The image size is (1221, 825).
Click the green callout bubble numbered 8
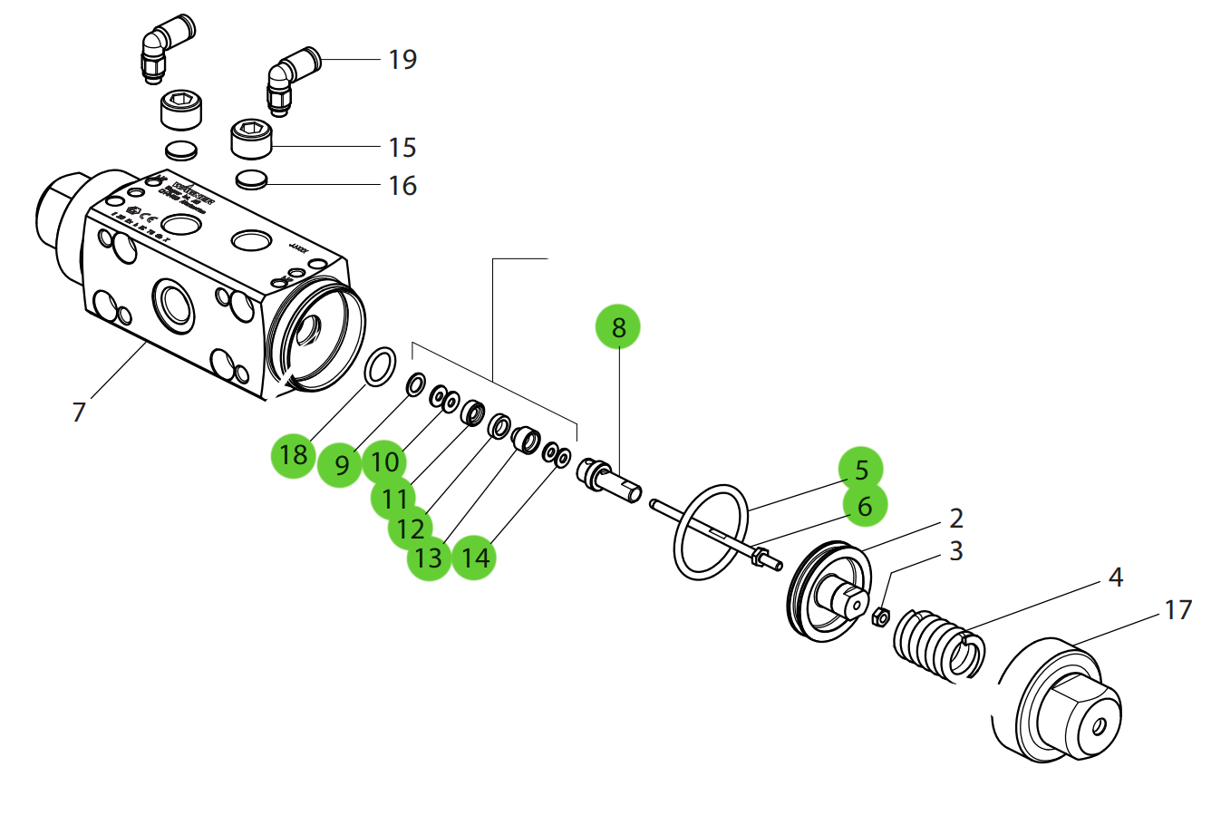617,327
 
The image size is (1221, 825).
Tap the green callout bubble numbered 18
293,454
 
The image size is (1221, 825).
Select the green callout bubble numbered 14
474,558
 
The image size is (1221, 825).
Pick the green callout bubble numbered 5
860,470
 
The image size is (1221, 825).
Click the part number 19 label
402,60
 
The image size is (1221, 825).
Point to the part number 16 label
402,186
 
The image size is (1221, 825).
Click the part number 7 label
79,412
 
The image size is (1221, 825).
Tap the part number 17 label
1177,610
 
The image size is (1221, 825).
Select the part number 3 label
955,551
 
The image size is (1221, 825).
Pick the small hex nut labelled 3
878,618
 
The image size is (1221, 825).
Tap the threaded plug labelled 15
251,138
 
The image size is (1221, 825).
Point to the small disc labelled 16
251,180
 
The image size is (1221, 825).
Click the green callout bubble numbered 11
393,498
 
